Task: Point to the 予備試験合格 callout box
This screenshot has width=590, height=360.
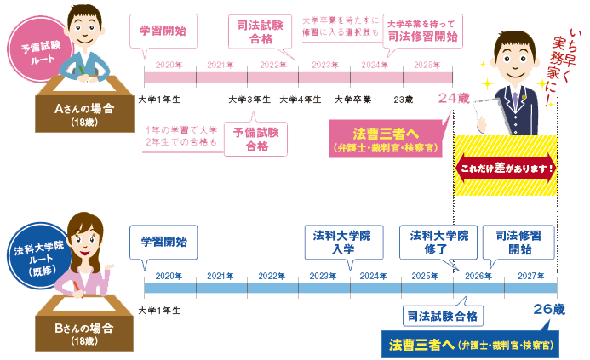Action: pos(256,139)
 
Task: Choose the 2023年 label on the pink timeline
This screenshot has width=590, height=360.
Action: pos(325,65)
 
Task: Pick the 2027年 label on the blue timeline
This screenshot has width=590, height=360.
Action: pos(530,276)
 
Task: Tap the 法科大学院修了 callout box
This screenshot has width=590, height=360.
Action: pos(438,242)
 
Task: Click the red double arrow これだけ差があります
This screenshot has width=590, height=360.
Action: pos(507,167)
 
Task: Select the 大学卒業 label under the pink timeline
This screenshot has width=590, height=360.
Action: pos(352,100)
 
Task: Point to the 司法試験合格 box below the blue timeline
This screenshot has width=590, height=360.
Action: pos(444,315)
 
